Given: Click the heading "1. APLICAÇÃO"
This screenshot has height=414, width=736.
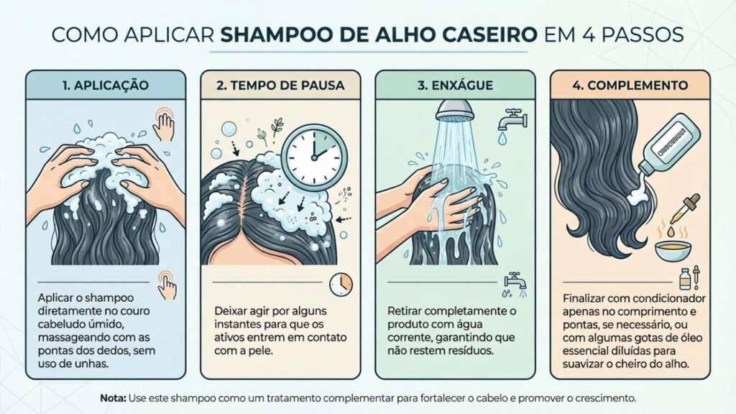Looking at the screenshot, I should click(106, 85).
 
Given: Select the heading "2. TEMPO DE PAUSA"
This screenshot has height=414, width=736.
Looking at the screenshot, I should click(280, 85).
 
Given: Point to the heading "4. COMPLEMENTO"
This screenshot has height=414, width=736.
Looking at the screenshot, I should click(630, 85).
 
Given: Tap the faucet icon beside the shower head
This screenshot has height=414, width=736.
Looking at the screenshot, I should click(511, 119).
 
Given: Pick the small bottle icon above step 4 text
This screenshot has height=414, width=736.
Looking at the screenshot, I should click(685, 278).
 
